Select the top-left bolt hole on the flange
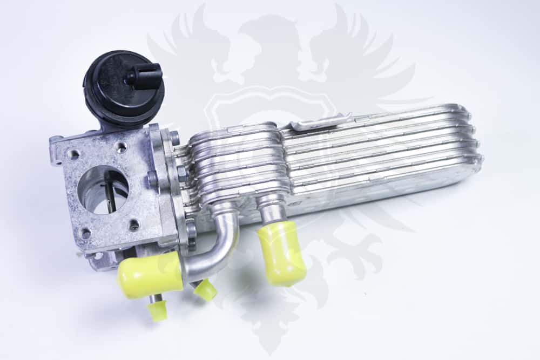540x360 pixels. pyautogui.click(x=73, y=154)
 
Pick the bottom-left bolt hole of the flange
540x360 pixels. pyautogui.click(x=85, y=233)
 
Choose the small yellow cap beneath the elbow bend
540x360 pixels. pyautogui.click(x=205, y=290)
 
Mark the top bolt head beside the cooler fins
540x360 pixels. pyautogui.click(x=174, y=138)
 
